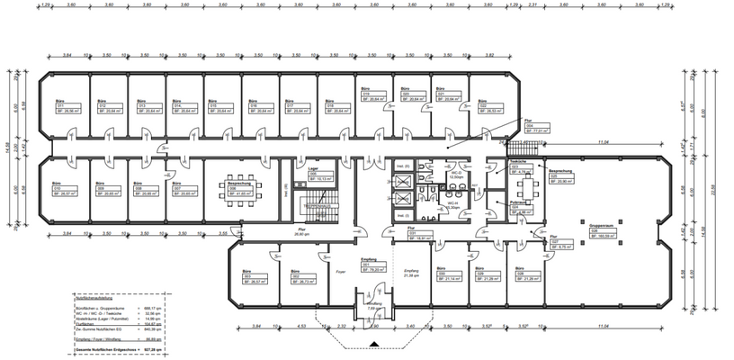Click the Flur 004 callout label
tap(535, 128)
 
